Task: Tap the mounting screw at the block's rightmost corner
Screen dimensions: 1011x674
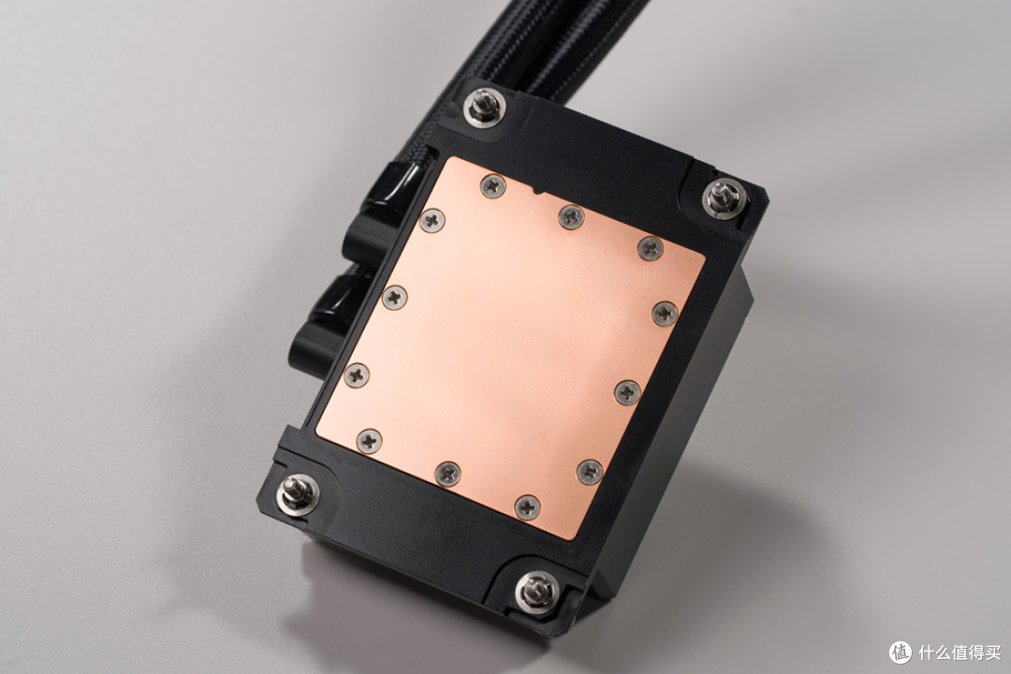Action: click(725, 198)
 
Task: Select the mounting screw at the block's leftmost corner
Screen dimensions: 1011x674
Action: click(298, 494)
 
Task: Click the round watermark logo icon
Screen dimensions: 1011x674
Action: click(901, 652)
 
